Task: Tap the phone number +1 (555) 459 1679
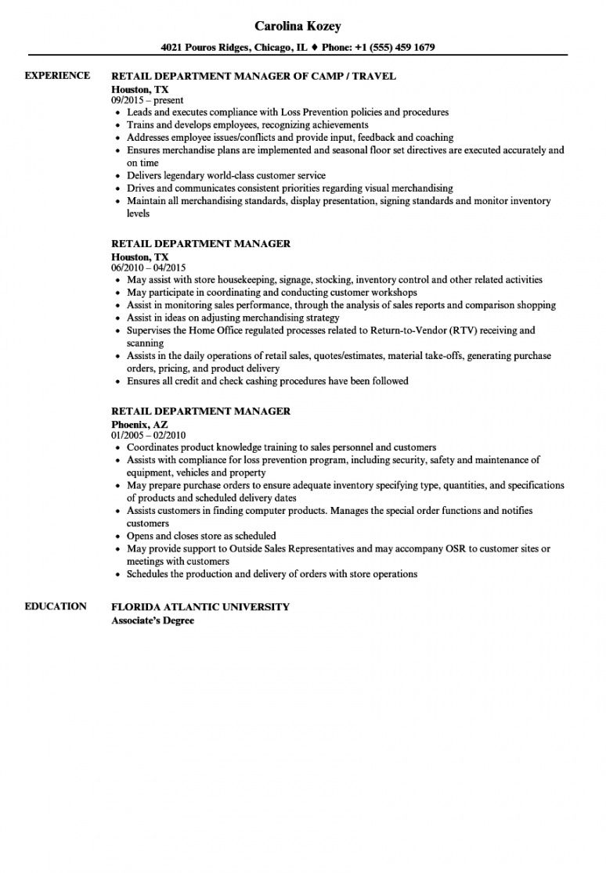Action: pyautogui.click(x=390, y=47)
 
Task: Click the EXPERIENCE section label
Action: pyautogui.click(x=57, y=75)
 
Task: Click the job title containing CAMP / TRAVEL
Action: pyautogui.click(x=254, y=76)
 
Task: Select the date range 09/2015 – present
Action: pyautogui.click(x=147, y=100)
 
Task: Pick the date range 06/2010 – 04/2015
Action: pyautogui.click(x=153, y=268)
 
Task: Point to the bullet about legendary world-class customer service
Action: pyautogui.click(x=226, y=176)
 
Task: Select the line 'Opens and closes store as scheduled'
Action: pyautogui.click(x=201, y=536)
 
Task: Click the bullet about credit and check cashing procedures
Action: pyautogui.click(x=268, y=381)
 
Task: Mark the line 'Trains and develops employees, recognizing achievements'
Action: pyautogui.click(x=247, y=125)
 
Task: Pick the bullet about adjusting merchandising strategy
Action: pyautogui.click(x=233, y=318)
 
